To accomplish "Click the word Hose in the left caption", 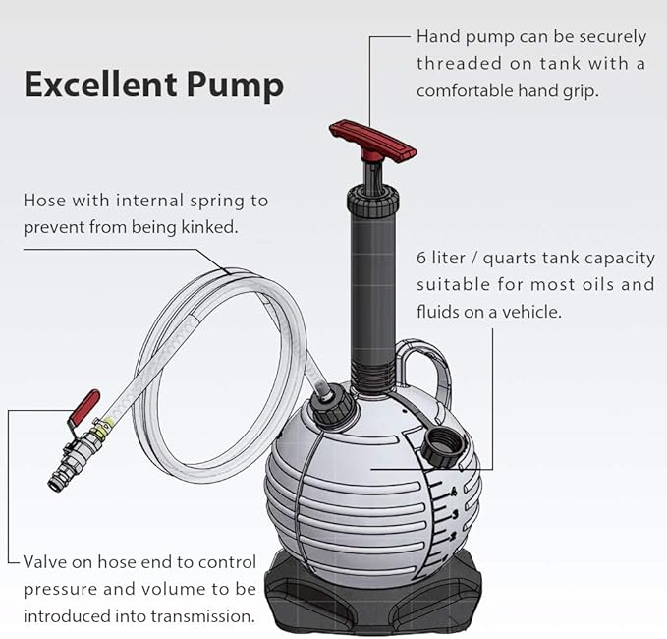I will point(45,201).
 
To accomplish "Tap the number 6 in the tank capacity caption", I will point(421,259).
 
